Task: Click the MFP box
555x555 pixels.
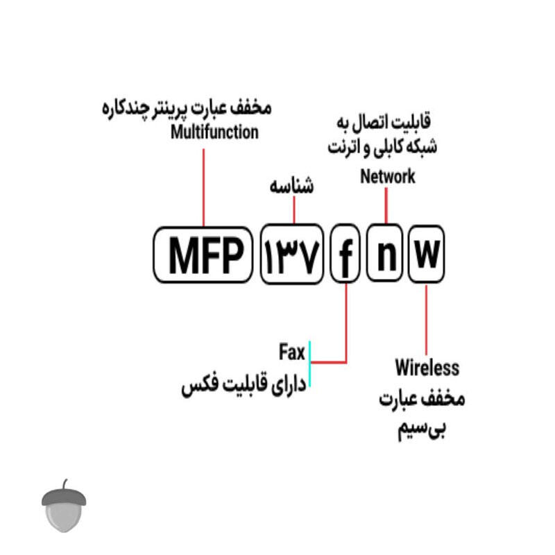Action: pyautogui.click(x=203, y=255)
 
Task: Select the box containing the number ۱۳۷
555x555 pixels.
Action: pyautogui.click(x=292, y=254)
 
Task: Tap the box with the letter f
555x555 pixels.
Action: pyautogui.click(x=345, y=253)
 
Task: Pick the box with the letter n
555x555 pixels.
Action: pyautogui.click(x=385, y=253)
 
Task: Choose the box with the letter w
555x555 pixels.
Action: pyautogui.click(x=427, y=253)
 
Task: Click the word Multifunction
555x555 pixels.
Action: pyautogui.click(x=214, y=132)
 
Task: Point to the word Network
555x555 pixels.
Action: pyautogui.click(x=388, y=176)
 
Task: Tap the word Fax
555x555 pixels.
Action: pyautogui.click(x=291, y=352)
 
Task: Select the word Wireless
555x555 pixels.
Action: pyautogui.click(x=427, y=368)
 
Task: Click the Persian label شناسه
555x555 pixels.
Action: pyautogui.click(x=291, y=186)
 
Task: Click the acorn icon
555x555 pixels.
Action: pyautogui.click(x=64, y=506)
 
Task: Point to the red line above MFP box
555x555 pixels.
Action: pyautogui.click(x=203, y=187)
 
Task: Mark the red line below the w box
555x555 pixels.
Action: pyautogui.click(x=426, y=320)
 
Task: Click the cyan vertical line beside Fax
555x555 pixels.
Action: pyautogui.click(x=309, y=364)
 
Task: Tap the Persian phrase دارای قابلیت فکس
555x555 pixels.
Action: pyautogui.click(x=244, y=385)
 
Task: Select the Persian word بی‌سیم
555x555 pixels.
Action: pyautogui.click(x=422, y=429)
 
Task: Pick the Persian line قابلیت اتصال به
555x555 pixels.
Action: pyautogui.click(x=384, y=122)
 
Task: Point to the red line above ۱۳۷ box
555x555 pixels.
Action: pyautogui.click(x=294, y=210)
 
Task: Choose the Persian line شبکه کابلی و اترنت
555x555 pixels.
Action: pyautogui.click(x=382, y=147)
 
